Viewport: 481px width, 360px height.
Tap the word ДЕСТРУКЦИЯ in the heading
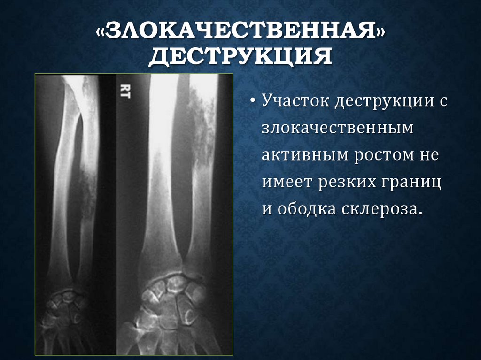[240, 57]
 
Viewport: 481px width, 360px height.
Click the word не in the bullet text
[428, 155]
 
